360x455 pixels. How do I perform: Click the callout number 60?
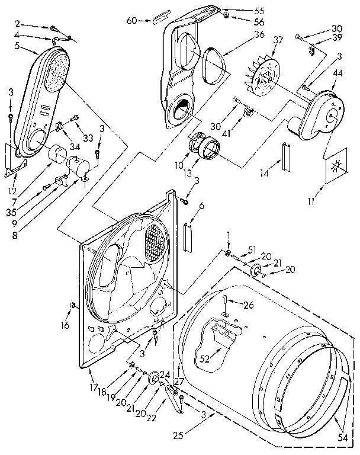coord(131,21)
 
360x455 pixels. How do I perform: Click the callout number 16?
coord(65,325)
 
